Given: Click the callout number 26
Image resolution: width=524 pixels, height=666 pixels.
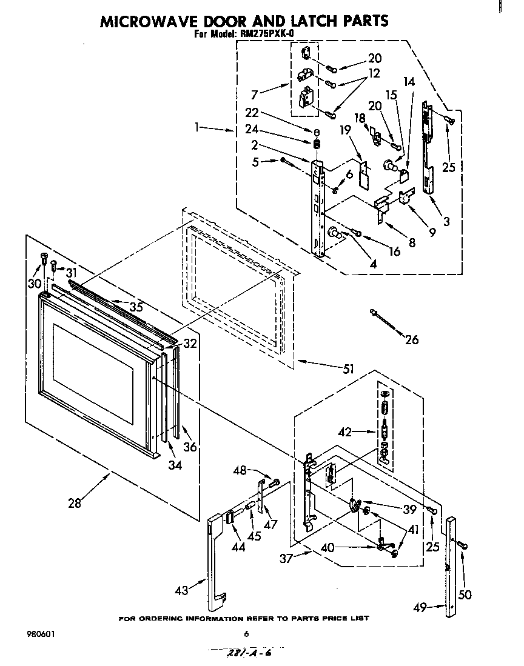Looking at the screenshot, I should (x=411, y=340).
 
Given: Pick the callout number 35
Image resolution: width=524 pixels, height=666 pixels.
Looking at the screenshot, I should (x=136, y=307).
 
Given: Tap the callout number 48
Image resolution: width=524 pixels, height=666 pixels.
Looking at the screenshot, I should (x=240, y=470).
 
